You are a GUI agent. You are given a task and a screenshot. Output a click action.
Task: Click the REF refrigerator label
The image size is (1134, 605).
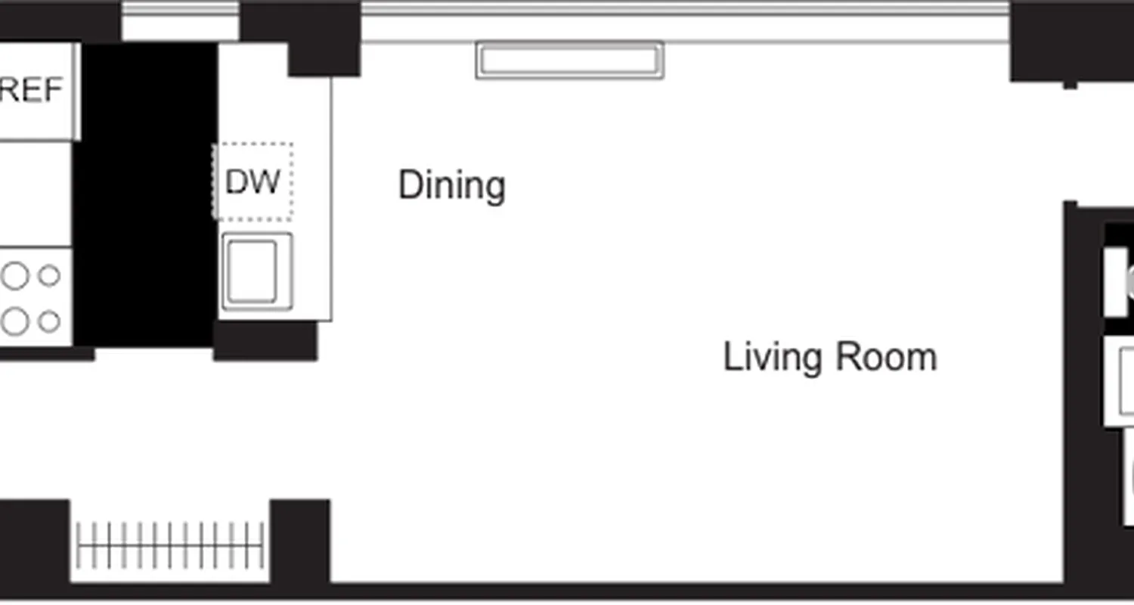(32, 91)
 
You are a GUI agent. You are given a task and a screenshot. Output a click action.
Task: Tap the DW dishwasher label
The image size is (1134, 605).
(253, 181)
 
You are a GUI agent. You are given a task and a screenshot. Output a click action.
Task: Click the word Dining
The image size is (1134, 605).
(451, 186)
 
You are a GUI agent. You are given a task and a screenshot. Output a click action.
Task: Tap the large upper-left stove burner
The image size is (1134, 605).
(14, 276)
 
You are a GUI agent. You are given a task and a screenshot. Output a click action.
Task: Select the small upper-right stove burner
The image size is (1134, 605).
(49, 276)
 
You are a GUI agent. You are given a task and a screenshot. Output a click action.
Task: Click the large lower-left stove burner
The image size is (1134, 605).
(14, 321)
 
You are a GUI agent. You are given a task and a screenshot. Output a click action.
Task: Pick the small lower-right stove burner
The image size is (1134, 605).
(49, 321)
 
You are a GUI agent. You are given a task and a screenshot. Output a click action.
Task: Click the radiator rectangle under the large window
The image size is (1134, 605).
(569, 60)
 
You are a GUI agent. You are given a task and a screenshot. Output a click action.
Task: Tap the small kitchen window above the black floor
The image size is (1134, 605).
(180, 21)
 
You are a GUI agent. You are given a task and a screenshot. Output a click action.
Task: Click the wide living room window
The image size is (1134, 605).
(684, 21)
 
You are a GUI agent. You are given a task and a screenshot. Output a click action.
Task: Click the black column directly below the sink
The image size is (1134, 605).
(265, 340)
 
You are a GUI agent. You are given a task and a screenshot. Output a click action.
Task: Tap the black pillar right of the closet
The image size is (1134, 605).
(300, 541)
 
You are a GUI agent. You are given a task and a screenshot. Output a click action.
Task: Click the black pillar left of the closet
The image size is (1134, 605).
(34, 541)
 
